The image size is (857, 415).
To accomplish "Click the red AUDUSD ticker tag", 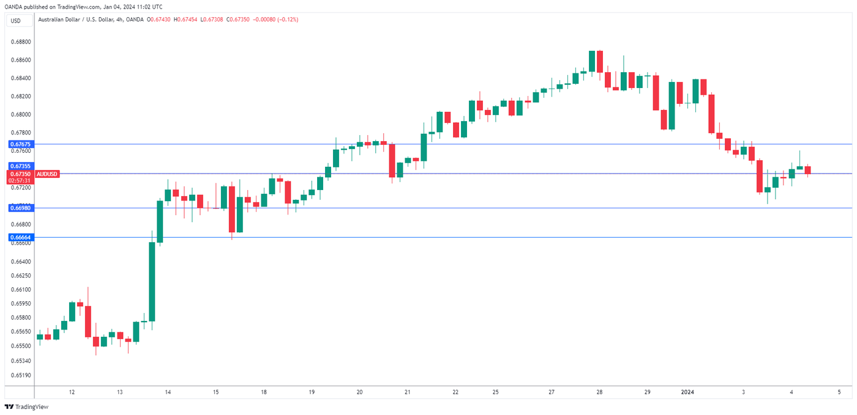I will coord(47,174).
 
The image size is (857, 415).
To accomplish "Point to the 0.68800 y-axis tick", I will coord(21,42).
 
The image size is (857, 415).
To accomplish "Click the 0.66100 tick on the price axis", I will coord(21,289).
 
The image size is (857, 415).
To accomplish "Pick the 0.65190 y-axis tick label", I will coord(21,375).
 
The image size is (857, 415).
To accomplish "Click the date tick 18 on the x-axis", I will coord(263,392).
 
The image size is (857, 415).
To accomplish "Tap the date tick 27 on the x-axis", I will coord(552,392).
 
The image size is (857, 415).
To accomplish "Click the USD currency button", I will coord(15,21).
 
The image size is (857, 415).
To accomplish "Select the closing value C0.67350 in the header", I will coord(239,20).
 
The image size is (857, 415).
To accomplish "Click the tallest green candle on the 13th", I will coord(152,281).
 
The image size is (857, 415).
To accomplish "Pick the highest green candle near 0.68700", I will coord(592,61).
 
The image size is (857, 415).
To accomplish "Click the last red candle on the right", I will coord(807,170).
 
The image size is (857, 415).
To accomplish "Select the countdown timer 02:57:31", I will coord(20,180).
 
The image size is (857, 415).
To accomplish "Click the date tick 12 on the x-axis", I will coord(72,392).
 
